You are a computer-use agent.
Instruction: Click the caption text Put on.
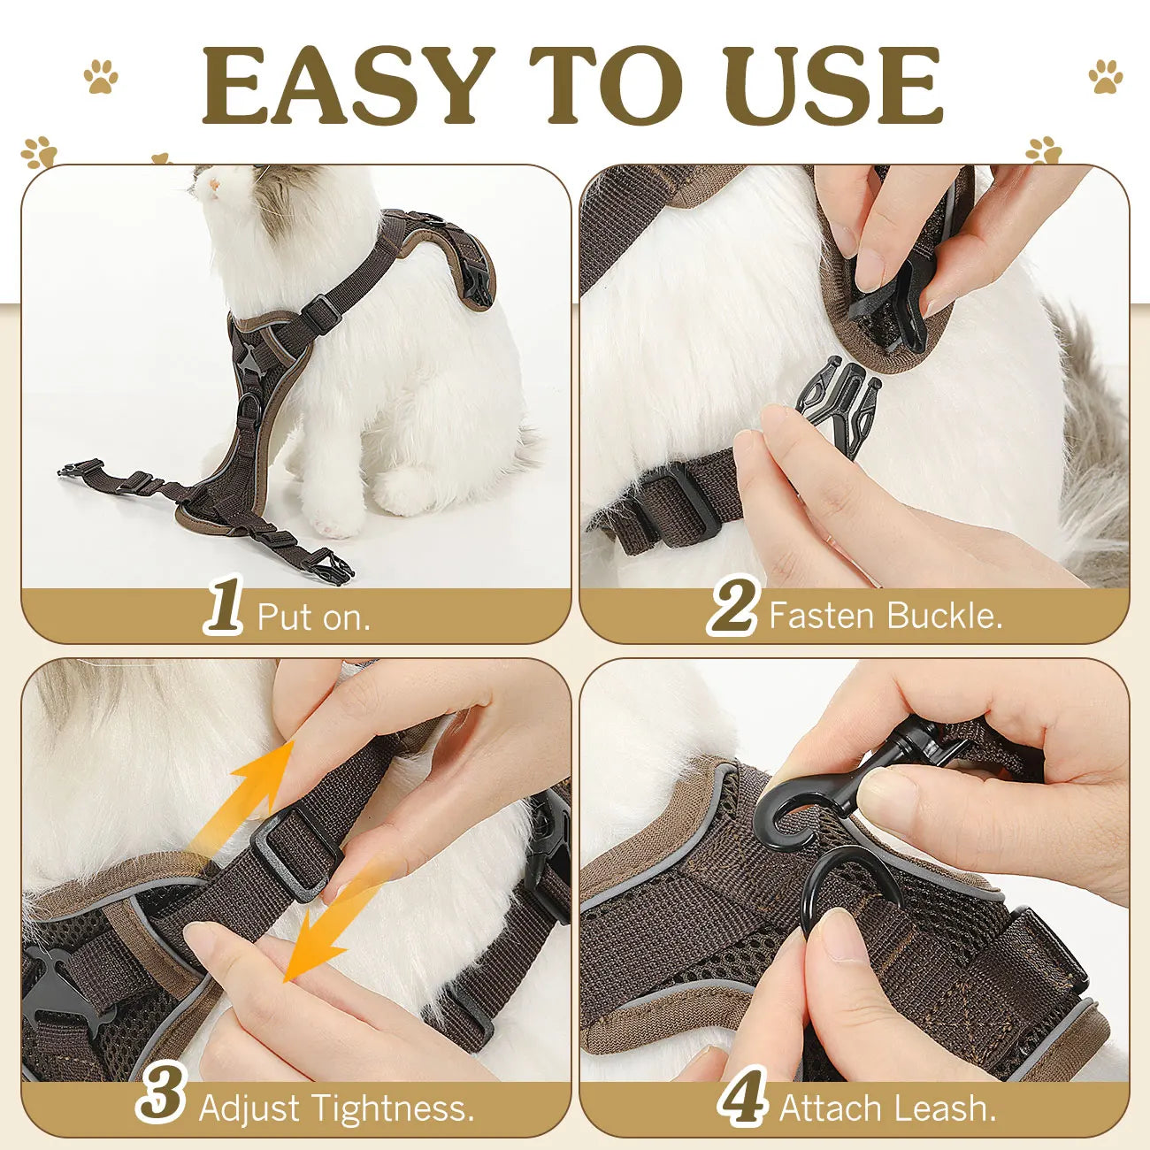313,617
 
